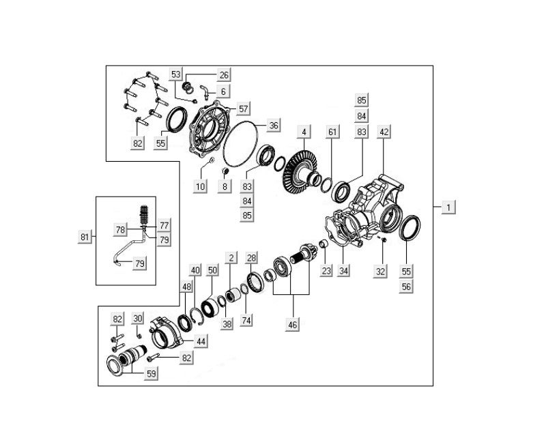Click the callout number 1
[448, 207]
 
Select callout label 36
[274, 126]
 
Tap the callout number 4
[303, 131]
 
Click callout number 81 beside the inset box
[85, 237]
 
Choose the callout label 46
[293, 325]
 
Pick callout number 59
[152, 373]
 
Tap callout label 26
[224, 75]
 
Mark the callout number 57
[244, 109]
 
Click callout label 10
[200, 187]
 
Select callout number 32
[380, 270]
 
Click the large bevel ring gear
[299, 171]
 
